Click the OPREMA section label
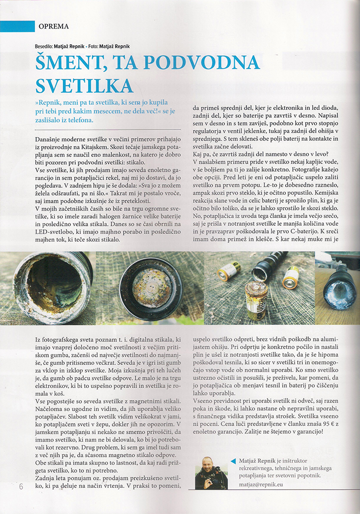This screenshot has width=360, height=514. [53, 27]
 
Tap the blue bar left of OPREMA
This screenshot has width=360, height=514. [17, 26]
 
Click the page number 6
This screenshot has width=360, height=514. [21, 486]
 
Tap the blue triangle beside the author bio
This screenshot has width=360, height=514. [232, 461]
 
